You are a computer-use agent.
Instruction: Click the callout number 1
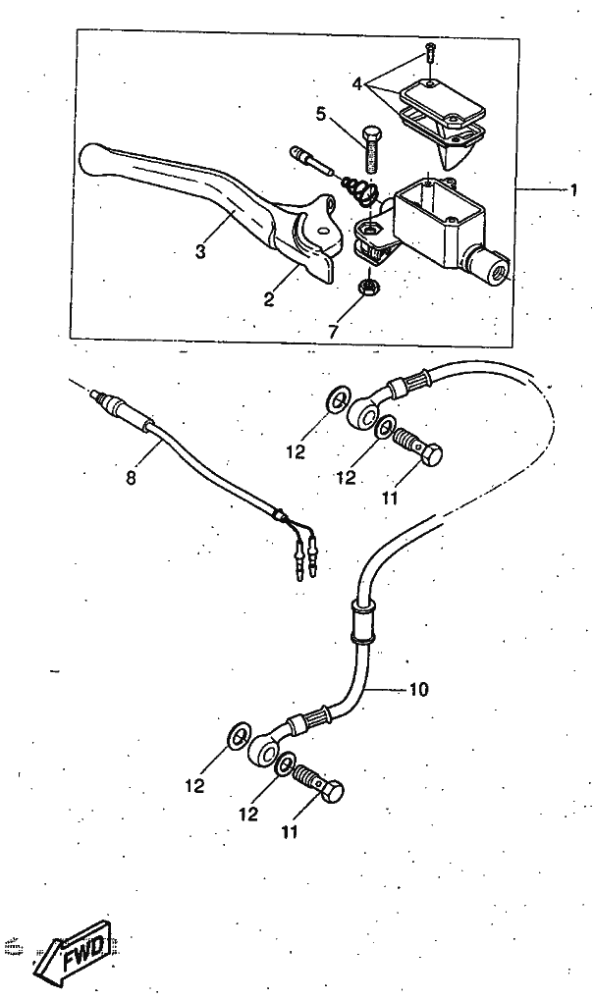[x=573, y=190]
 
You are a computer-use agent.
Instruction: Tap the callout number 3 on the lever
[x=200, y=252]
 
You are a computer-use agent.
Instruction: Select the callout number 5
[x=322, y=115]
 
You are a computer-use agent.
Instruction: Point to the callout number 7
[x=333, y=332]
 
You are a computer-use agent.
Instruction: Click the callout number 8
[x=131, y=478]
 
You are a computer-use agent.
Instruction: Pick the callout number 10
[x=419, y=690]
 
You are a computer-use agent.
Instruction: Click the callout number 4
[x=356, y=84]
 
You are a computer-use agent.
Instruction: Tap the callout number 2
[x=269, y=299]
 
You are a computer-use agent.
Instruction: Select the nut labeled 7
[x=369, y=287]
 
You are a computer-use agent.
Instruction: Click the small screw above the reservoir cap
[x=429, y=51]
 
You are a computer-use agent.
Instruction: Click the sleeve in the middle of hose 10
[x=361, y=620]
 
